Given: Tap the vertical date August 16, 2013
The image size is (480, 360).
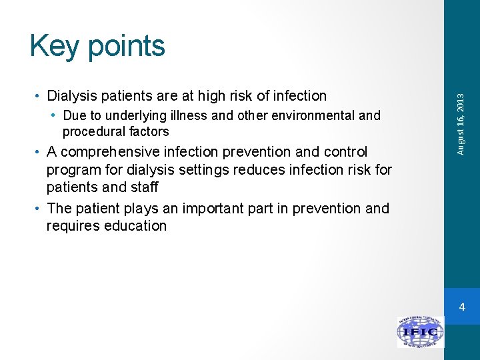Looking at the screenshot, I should [461, 124].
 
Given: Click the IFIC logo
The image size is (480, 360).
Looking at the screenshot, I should [420, 332].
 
